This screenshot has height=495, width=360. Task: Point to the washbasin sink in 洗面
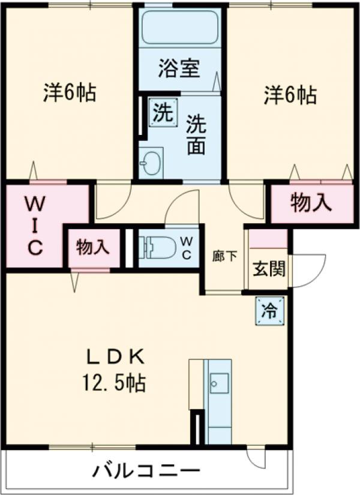151,162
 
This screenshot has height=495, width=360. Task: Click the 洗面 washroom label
196,136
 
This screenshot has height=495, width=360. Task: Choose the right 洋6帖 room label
290,94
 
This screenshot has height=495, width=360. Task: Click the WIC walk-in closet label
34,226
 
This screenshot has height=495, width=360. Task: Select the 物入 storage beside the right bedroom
311,203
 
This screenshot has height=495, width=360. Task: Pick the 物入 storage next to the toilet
93,247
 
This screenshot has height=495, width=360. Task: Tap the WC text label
187,247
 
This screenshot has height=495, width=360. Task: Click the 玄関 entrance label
268,269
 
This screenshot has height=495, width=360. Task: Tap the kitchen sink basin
218,382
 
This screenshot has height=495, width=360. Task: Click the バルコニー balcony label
144,470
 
